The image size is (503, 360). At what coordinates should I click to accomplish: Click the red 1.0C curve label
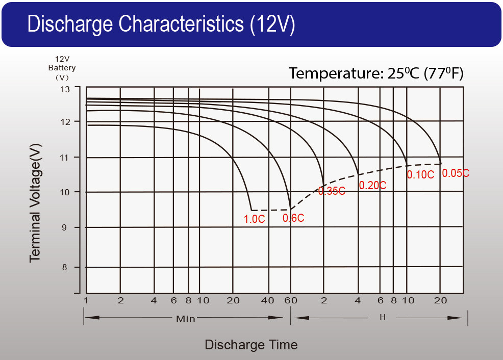point(254,219)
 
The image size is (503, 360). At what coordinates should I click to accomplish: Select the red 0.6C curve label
point(293,218)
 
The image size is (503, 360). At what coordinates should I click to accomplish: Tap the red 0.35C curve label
point(332,191)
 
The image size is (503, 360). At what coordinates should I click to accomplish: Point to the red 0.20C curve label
point(372,186)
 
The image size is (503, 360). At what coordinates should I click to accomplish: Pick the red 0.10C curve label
point(420,174)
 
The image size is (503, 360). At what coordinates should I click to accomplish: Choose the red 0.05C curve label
point(456,173)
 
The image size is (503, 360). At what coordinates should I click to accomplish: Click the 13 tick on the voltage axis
point(65,89)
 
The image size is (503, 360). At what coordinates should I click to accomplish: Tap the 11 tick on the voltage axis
point(65,158)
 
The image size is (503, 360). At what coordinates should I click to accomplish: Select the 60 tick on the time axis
point(291,300)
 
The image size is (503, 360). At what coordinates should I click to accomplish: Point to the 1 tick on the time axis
point(86,300)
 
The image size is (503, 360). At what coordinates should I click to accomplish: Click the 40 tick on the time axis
point(267,300)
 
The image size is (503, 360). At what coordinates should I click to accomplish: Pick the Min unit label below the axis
point(186,319)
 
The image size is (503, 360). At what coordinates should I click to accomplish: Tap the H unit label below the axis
point(383,318)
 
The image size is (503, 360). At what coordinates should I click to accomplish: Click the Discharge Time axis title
point(251,345)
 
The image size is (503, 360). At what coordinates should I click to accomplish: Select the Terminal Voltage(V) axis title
point(35,203)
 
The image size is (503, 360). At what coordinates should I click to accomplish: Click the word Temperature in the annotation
point(334,73)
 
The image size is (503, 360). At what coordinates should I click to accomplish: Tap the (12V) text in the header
point(272,24)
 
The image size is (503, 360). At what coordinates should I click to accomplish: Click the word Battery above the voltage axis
point(62,68)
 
